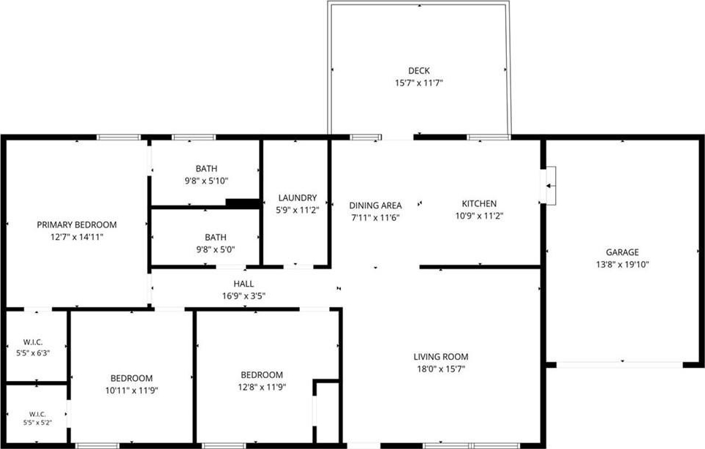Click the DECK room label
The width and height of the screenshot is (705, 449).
point(419,70)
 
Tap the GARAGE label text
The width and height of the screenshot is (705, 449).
point(622,252)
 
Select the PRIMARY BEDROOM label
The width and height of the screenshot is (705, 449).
point(77,224)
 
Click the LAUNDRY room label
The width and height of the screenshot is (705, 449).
point(298,197)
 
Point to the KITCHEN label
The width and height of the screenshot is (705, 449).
point(479,203)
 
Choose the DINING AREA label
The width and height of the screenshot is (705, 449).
point(375,205)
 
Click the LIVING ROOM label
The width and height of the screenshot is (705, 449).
point(441,357)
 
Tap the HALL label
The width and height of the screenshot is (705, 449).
point(244,284)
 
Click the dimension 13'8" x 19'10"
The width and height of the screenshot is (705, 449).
point(622,265)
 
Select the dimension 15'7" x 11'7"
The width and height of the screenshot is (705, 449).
point(419,83)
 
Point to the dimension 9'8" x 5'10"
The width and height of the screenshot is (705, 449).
point(206,181)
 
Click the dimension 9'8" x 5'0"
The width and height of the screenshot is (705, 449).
point(216,249)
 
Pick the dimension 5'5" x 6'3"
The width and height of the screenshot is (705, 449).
point(33,353)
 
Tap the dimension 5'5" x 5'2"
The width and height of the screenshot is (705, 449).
point(38,423)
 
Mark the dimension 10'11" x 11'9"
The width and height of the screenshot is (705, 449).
point(132,390)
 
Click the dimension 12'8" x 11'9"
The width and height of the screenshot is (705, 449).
point(262,387)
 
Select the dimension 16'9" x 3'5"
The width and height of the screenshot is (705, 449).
point(244,295)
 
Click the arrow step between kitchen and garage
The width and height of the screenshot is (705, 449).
point(551,185)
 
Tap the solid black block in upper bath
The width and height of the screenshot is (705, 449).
point(243,203)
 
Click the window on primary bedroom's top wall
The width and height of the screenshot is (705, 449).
point(119,137)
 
